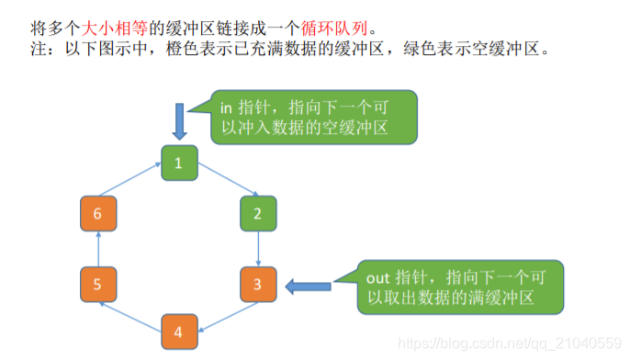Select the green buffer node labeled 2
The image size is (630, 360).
coord(258,213)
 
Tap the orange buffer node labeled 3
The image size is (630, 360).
coord(258,286)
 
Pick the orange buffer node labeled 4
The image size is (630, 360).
coord(180,331)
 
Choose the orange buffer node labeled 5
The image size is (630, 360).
coord(97,286)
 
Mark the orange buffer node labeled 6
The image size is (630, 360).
coord(97,213)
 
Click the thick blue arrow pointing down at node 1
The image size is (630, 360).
coord(180,120)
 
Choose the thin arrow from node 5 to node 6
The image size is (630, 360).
coord(97,249)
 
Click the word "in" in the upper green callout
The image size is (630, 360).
coord(227,107)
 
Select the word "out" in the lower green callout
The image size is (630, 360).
coord(379,276)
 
